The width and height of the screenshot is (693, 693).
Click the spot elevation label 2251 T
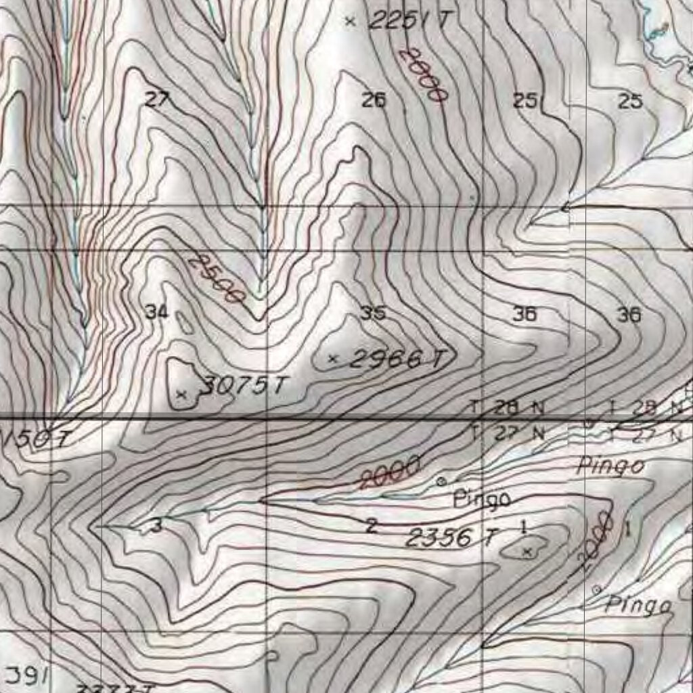tap(408, 20)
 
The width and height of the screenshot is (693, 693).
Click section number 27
tap(156, 100)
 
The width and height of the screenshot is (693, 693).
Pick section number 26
tap(374, 101)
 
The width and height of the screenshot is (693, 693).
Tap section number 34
tap(156, 312)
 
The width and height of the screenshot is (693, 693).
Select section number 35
tap(373, 313)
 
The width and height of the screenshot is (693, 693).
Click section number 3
tap(157, 525)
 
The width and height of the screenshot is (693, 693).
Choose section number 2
tap(371, 525)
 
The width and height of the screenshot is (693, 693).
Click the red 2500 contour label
tap(216, 277)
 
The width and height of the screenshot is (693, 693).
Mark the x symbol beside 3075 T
tap(181, 393)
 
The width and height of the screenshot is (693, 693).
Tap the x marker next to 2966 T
tap(332, 359)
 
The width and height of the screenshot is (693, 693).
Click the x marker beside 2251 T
tap(349, 21)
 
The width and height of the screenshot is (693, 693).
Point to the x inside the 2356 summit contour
tap(528, 552)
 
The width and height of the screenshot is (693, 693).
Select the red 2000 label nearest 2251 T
tap(424, 74)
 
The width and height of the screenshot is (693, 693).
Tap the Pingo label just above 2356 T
tap(481, 499)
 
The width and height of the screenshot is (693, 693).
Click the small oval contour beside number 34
tap(183, 322)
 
